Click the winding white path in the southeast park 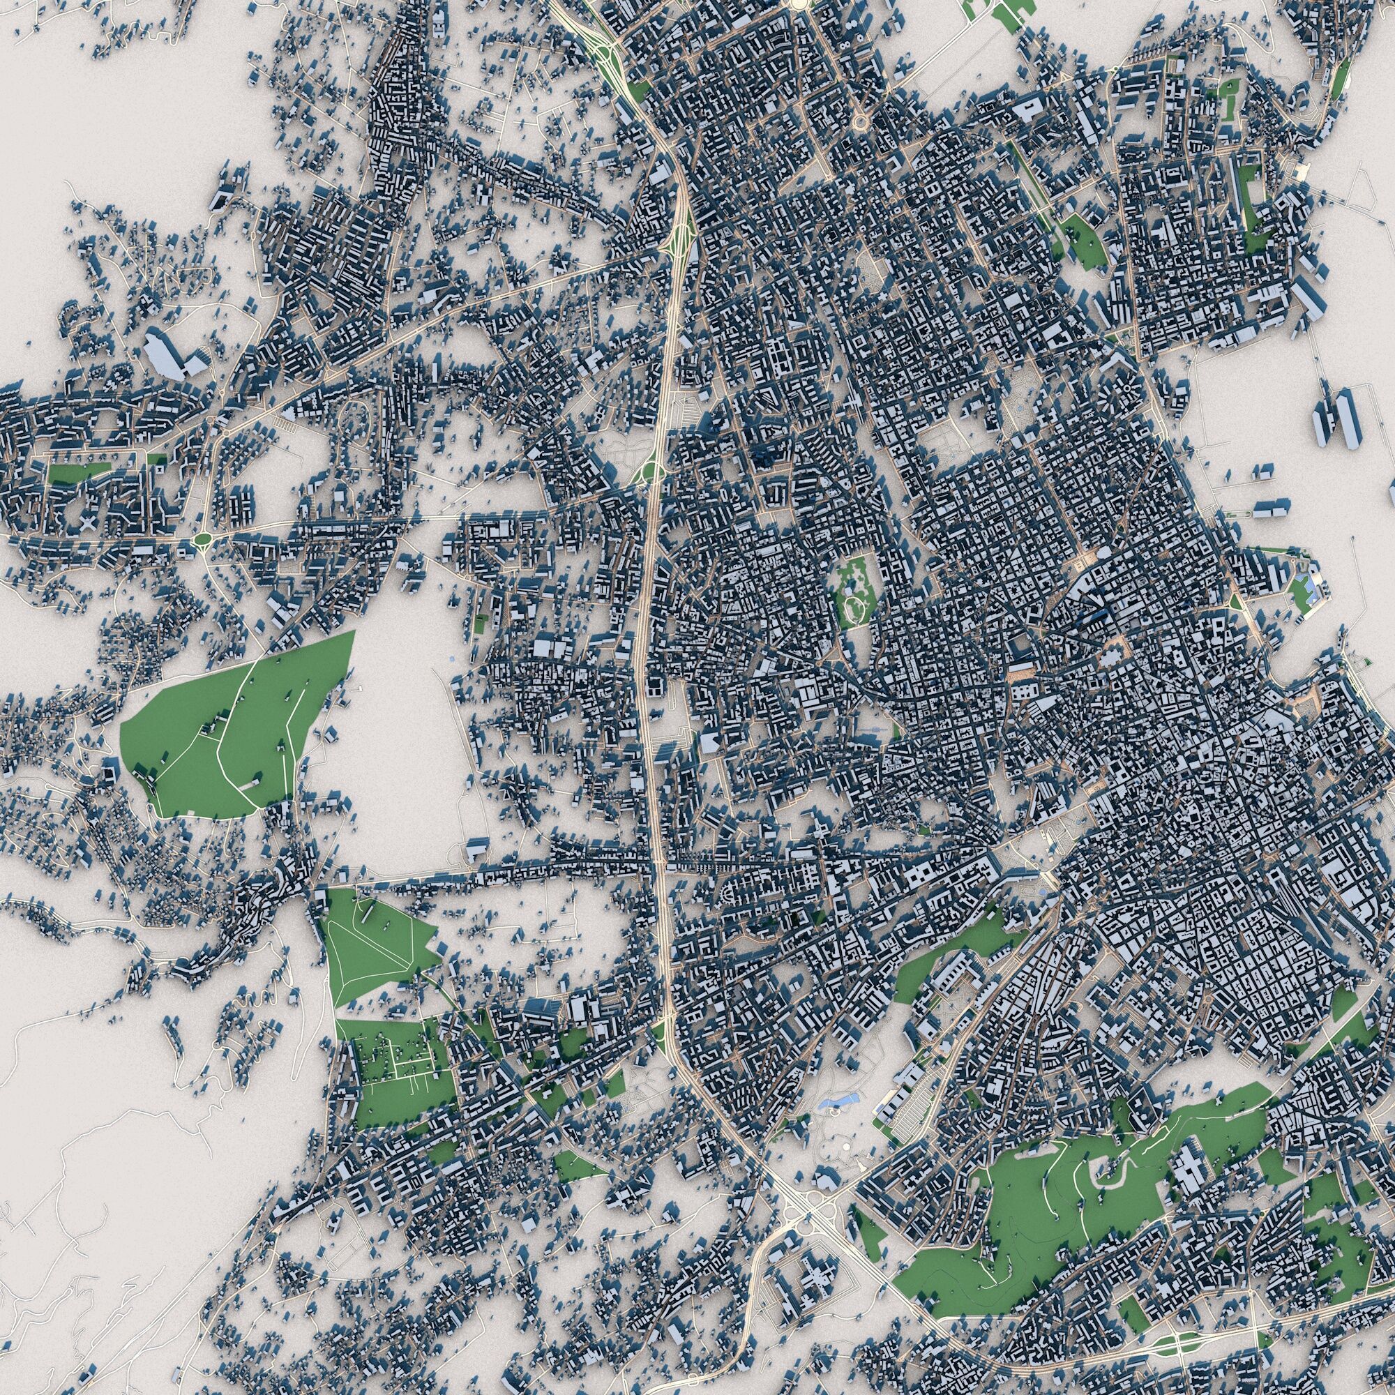(1112, 1184)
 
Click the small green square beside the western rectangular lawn (153, 458)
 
